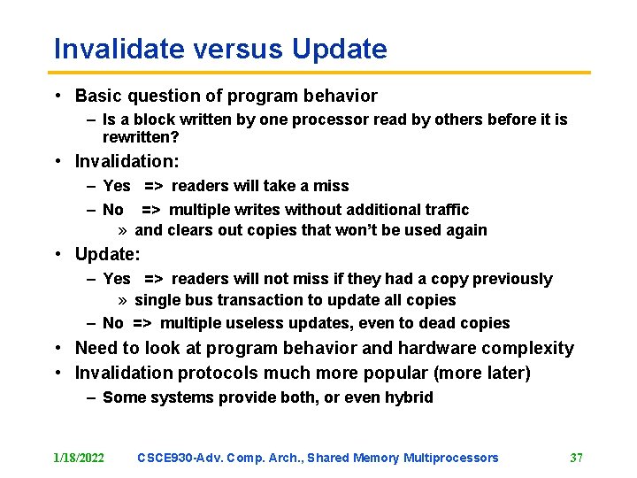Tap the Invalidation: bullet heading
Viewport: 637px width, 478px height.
pos(127,161)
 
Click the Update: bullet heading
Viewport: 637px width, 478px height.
pos(107,254)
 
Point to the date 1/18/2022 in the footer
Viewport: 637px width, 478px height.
pos(79,458)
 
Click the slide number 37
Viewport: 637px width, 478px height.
pos(576,458)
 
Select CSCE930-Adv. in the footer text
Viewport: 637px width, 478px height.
pos(181,458)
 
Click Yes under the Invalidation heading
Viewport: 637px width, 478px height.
pos(116,186)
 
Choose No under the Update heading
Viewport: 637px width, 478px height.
pos(112,323)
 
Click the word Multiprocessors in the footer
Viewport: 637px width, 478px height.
pos(451,458)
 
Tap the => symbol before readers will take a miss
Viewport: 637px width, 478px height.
pos(153,186)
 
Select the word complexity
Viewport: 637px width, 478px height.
pos(528,348)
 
